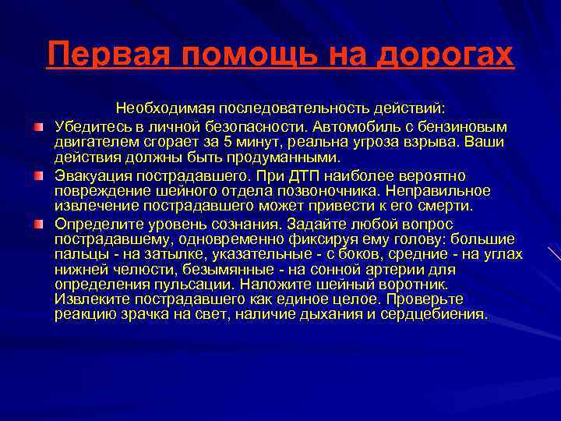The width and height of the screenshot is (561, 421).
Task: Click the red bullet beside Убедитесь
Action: [x=38, y=126]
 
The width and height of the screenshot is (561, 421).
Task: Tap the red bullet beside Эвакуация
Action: [x=38, y=175]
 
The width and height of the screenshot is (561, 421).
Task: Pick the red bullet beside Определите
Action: [x=38, y=225]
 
